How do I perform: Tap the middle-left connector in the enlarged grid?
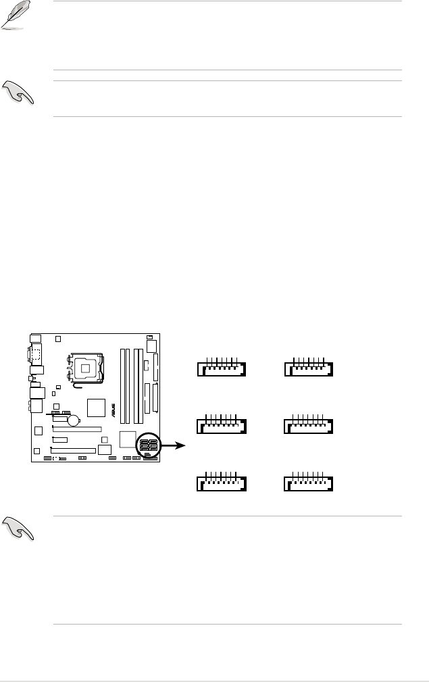pyautogui.click(x=220, y=426)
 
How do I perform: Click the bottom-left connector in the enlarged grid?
pyautogui.click(x=220, y=483)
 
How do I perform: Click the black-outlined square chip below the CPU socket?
pyautogui.click(x=97, y=408)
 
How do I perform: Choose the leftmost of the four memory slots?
pyautogui.click(x=122, y=381)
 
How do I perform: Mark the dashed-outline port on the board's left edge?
pyautogui.click(x=36, y=354)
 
